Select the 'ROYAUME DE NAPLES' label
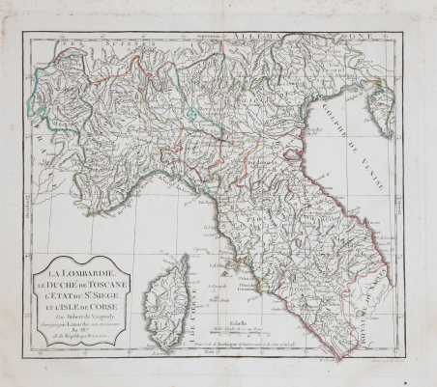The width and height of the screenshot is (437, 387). pyautogui.click(x=376, y=299)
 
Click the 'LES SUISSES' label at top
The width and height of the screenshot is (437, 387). pyautogui.click(x=106, y=41)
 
